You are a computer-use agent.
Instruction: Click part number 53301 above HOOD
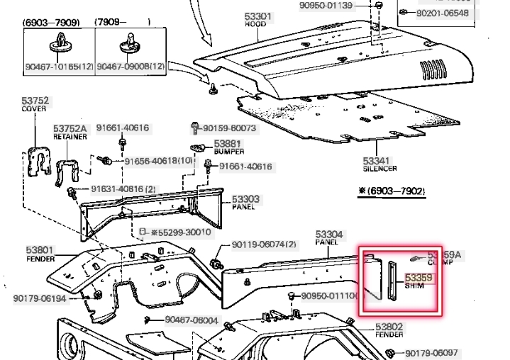(258, 16)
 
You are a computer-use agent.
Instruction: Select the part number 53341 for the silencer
(377, 161)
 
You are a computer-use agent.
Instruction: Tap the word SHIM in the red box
(414, 286)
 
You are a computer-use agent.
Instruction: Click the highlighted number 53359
(418, 278)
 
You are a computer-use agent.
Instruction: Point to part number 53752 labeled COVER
(34, 101)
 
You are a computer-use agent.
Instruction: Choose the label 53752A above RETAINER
(70, 129)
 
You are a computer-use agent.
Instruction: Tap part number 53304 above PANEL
(329, 233)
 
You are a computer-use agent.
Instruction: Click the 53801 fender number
(40, 249)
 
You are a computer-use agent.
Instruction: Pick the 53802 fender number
(389, 327)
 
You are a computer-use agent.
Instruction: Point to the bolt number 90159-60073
(230, 128)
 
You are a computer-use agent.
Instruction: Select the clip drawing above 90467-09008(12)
(131, 44)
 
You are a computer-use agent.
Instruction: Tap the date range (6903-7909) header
(51, 22)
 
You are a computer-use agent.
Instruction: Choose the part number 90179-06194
(40, 298)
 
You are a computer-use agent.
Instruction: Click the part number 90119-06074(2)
(264, 244)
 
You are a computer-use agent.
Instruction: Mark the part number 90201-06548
(443, 13)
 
